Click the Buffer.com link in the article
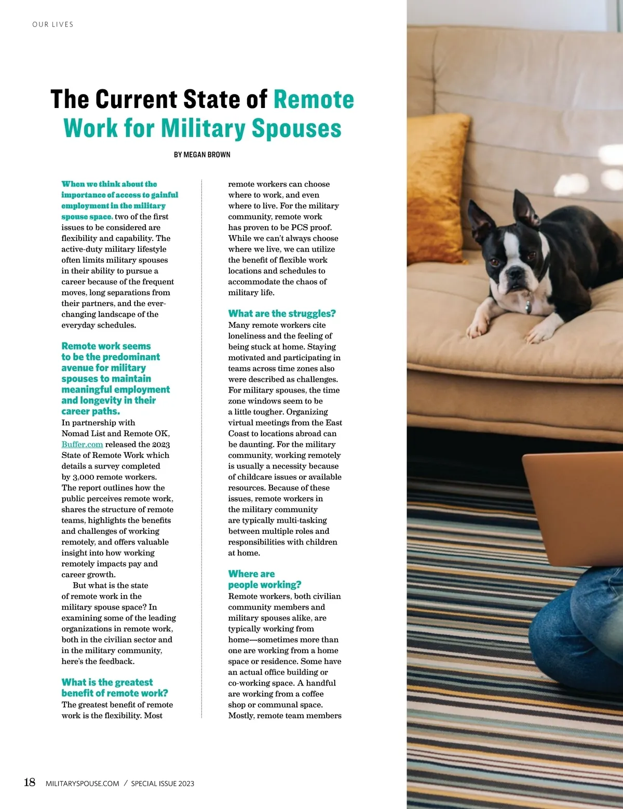82,444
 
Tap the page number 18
30,783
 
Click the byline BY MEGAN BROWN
202,155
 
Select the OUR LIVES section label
53,24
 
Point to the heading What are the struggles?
282,314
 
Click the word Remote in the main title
314,100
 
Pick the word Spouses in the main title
296,129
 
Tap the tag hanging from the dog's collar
528,307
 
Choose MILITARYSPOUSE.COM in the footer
83,784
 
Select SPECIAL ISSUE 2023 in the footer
162,784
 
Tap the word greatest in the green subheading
134,682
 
